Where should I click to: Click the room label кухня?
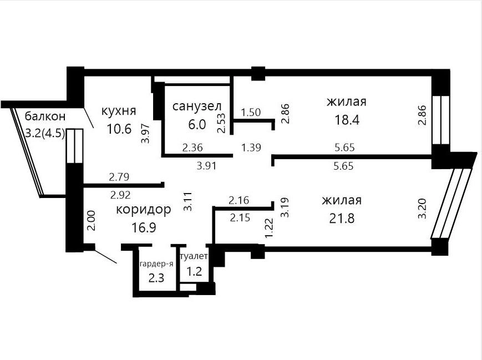[119, 111]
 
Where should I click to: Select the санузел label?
[197, 107]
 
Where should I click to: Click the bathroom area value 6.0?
[197, 124]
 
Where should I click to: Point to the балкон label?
[45, 116]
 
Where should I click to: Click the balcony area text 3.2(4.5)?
[45, 134]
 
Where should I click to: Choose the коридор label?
[144, 210]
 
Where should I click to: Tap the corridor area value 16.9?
[144, 227]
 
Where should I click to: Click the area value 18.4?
[347, 120]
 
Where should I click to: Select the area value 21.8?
[342, 219]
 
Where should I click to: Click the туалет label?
[194, 256]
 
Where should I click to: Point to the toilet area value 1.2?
[194, 271]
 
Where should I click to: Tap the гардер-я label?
[157, 264]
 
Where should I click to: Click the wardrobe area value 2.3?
[156, 278]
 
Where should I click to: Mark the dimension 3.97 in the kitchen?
[145, 133]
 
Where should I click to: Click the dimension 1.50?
[251, 112]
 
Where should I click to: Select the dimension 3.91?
[206, 166]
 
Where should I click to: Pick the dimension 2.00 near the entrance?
[91, 220]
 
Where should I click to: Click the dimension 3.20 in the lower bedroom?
[423, 209]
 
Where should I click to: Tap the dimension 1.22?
[269, 228]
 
